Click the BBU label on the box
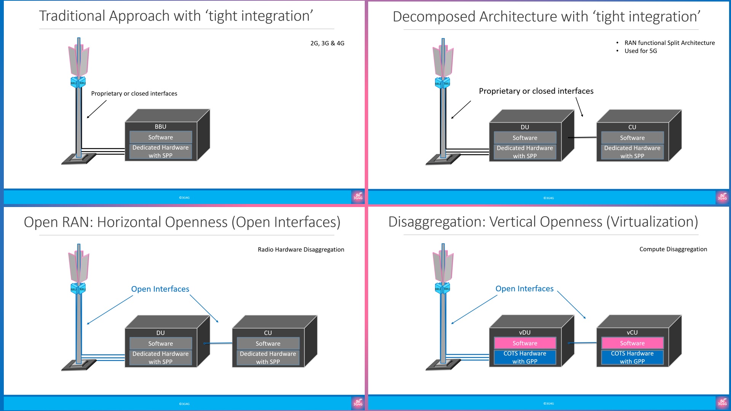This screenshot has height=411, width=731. coord(160,127)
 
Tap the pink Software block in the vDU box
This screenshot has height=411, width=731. coord(525,343)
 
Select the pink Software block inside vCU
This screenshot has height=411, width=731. coord(632,343)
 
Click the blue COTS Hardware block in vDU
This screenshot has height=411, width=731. coord(525,357)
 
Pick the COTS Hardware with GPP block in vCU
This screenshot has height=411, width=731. coord(632,357)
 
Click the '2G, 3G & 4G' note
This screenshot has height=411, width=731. coord(327,43)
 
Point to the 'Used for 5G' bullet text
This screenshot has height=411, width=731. coord(640,51)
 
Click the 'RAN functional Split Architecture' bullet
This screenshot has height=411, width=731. coord(669,43)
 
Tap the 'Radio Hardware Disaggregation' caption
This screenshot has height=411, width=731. coord(301,250)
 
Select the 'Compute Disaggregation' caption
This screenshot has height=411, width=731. coord(673,249)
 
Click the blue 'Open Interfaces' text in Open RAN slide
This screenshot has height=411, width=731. coord(160,289)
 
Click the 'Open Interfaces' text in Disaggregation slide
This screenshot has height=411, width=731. coord(524,289)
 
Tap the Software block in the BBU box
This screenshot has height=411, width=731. coord(160,137)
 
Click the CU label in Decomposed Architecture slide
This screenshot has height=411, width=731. coord(632,127)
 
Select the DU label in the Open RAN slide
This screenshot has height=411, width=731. coord(160,333)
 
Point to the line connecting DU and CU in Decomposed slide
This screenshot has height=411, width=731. coord(583,137)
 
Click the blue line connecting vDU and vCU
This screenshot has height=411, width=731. coord(583,343)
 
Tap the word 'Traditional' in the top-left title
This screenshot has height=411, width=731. coord(72,16)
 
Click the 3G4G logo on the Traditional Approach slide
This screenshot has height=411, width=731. coord(358,197)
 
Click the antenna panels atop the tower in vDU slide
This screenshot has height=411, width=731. coord(443,264)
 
